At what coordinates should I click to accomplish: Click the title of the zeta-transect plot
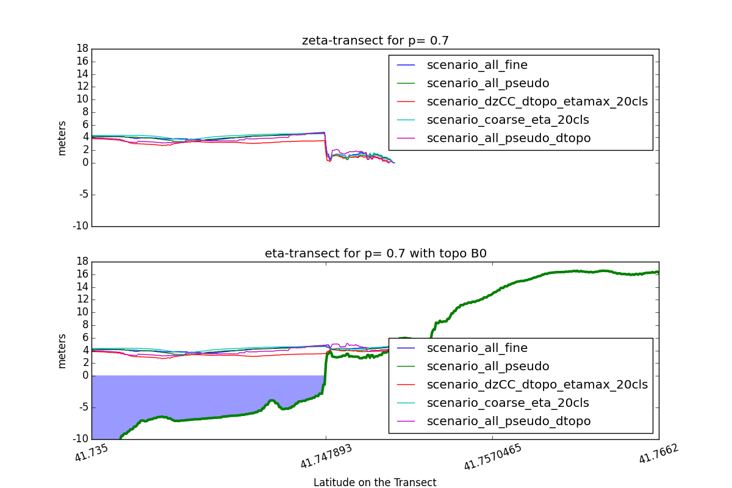click(x=375, y=41)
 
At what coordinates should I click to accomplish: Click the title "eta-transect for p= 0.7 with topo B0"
click(x=375, y=254)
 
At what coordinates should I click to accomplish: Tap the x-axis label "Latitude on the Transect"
click(x=375, y=483)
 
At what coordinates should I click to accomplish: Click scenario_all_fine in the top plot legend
click(x=477, y=65)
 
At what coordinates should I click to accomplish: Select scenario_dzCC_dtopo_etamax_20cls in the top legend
click(x=537, y=101)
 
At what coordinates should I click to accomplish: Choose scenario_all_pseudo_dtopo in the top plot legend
click(x=509, y=138)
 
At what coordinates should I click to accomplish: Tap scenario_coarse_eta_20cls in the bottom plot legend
click(x=508, y=403)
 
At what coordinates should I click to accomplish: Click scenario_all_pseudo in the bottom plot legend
click(x=488, y=366)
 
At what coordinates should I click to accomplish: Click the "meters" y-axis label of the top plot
click(x=62, y=138)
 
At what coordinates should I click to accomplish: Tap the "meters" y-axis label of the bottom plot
click(x=62, y=351)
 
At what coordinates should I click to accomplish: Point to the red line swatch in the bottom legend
click(x=406, y=384)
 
